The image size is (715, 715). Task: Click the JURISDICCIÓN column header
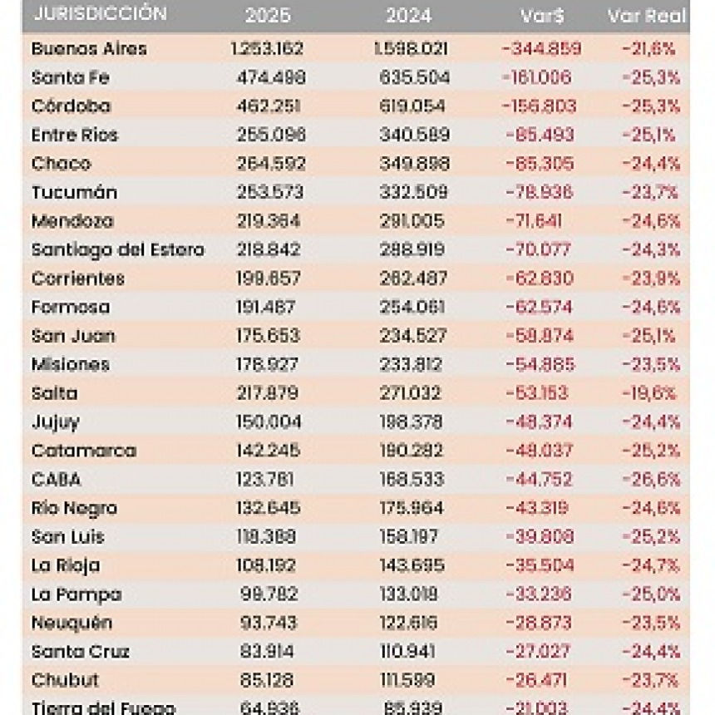point(100,14)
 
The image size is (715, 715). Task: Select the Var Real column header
point(647,16)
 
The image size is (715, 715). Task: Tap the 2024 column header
point(408,16)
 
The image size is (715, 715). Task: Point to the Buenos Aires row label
point(89,49)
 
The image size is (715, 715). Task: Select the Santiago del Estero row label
point(117,249)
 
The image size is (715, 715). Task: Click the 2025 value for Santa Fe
point(271,78)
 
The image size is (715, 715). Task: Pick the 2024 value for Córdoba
point(413,106)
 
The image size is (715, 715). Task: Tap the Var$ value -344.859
point(541,49)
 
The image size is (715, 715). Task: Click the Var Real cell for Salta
point(649,393)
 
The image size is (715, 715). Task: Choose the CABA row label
point(56,480)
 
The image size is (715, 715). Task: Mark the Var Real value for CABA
point(651,480)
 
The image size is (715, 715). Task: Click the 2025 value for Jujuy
point(269,422)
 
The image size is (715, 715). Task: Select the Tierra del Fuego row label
point(103,708)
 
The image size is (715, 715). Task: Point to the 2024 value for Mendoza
point(412,221)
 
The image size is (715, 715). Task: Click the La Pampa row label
point(76,594)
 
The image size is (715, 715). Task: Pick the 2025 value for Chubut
point(266,680)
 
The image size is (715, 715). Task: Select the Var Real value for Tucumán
point(649,193)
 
